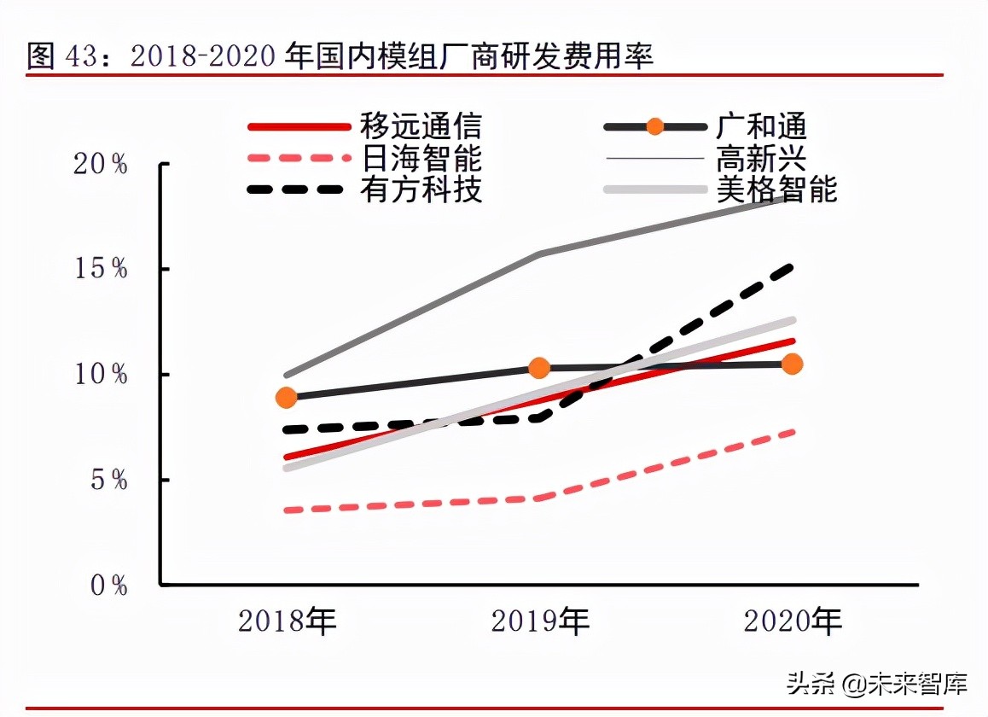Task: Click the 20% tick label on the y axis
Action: click(101, 164)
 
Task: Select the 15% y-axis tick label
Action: click(101, 269)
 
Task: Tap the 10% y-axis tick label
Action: click(101, 374)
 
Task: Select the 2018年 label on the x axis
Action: click(288, 621)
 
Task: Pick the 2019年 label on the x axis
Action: click(540, 621)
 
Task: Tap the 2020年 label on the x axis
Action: click(793, 621)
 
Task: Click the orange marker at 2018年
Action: click(287, 397)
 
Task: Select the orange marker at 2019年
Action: click(539, 368)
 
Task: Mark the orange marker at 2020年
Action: click(793, 364)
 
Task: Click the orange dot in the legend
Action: click(655, 127)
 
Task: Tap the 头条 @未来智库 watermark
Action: click(877, 684)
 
